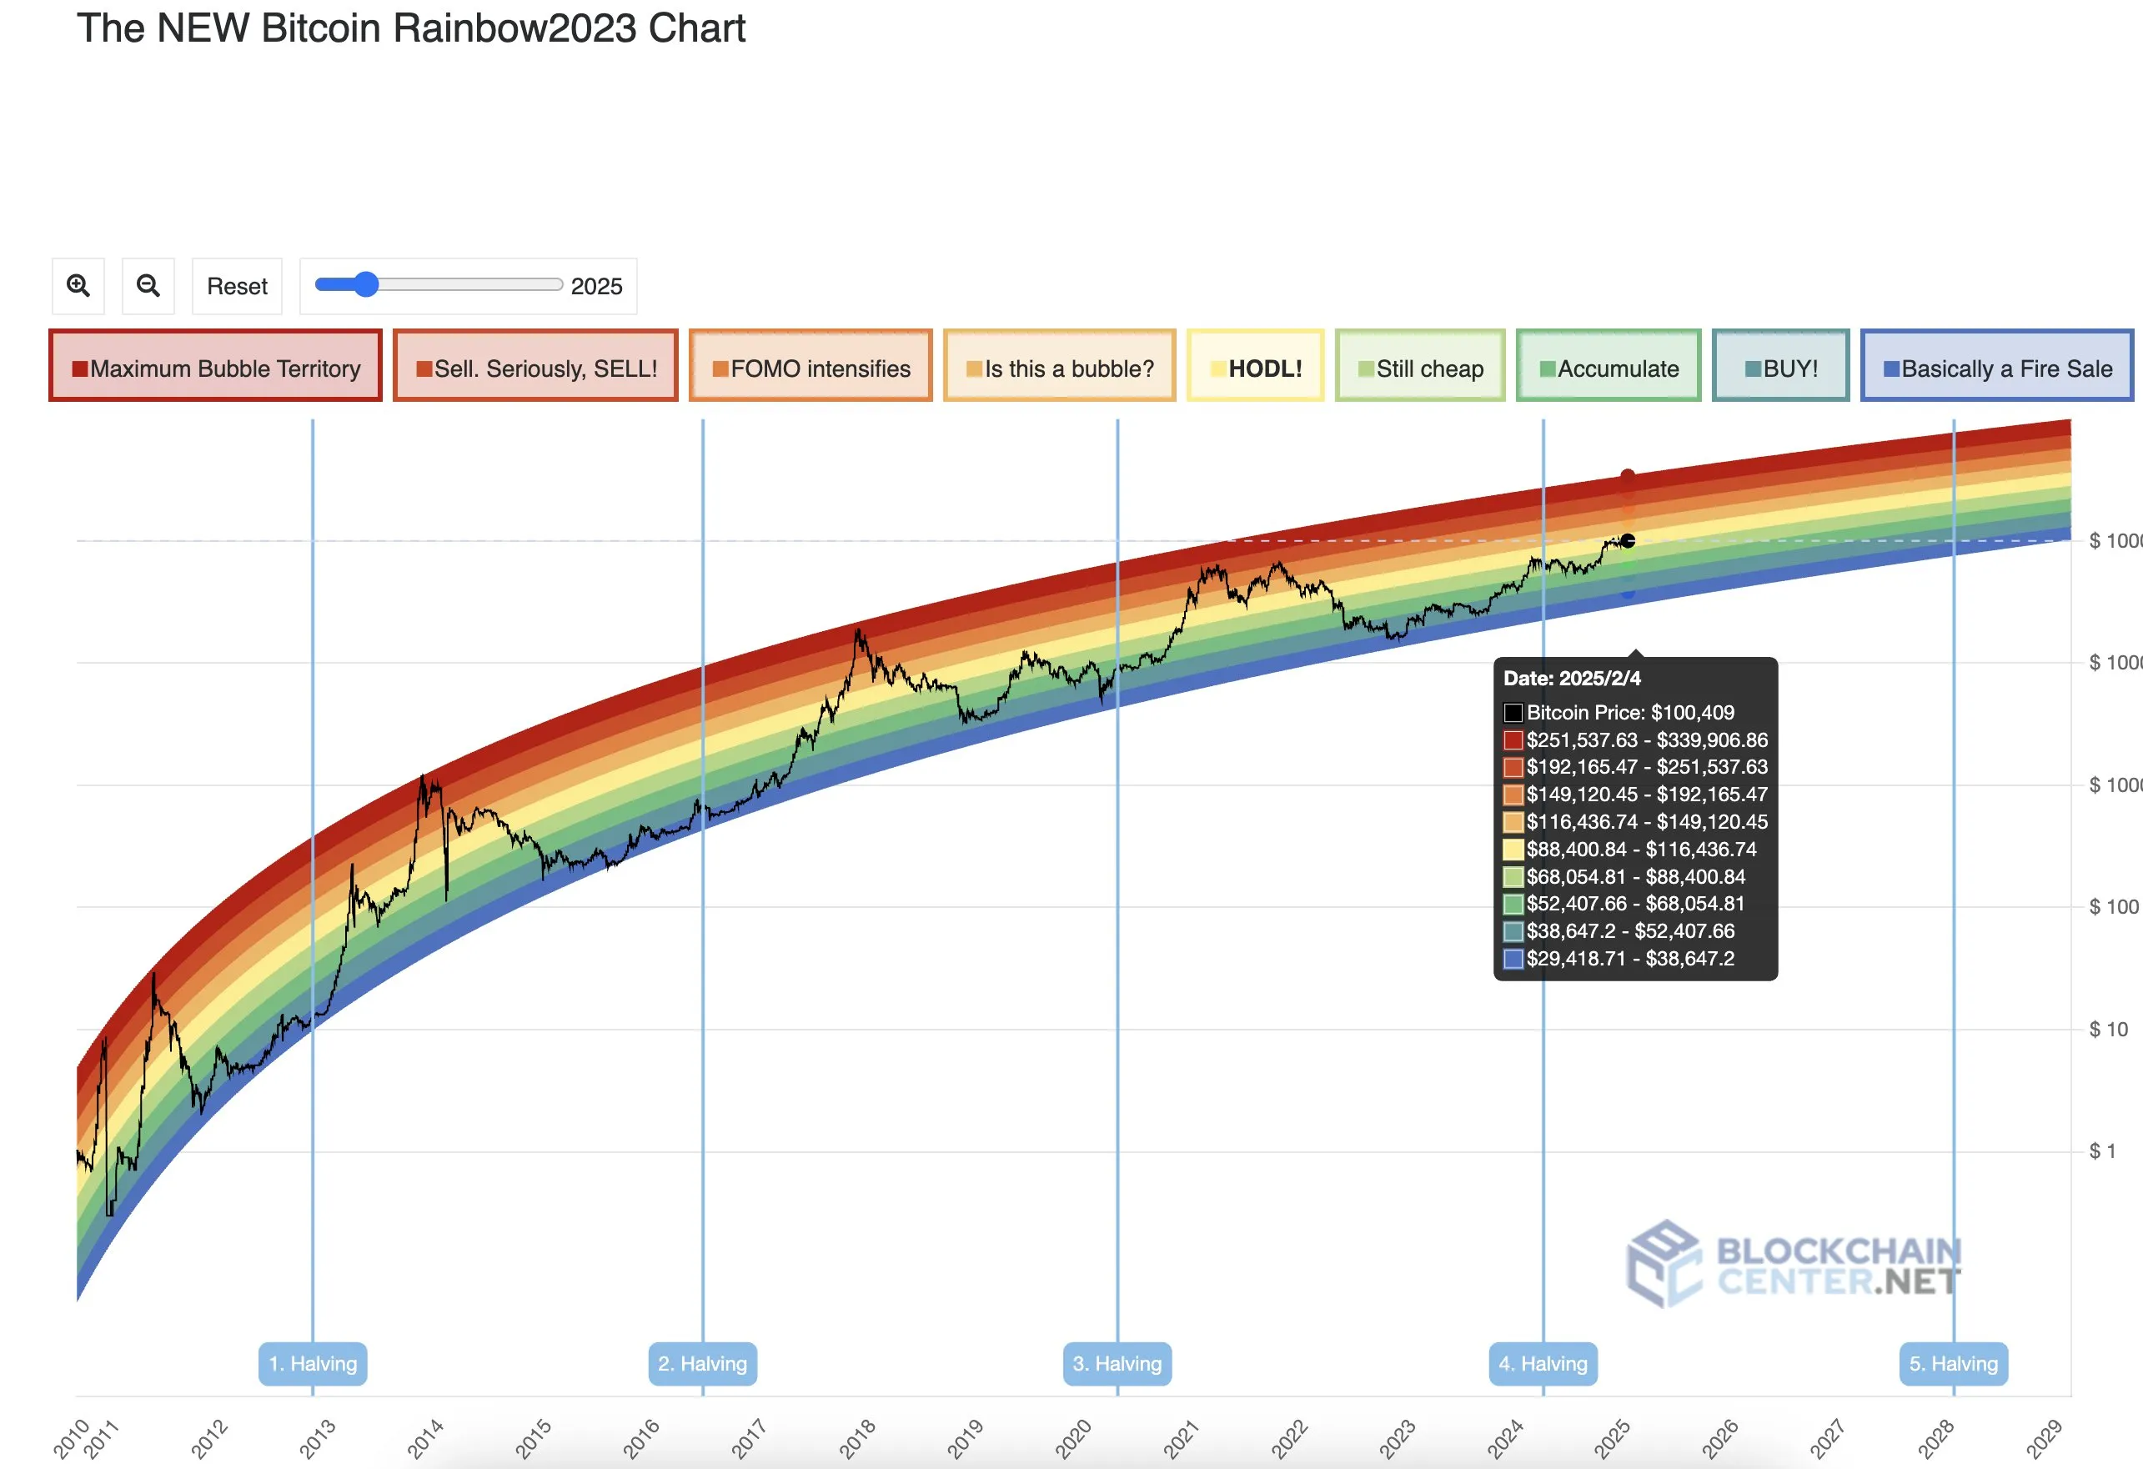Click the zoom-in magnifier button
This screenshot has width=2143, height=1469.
[78, 286]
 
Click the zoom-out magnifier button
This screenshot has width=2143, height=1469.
[148, 286]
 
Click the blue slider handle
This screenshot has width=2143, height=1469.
[366, 284]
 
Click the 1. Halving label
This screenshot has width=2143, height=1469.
[313, 1363]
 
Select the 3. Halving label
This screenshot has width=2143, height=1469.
[1117, 1363]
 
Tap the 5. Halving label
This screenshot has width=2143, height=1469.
[1953, 1363]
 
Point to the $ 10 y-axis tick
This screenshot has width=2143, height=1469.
[2108, 1029]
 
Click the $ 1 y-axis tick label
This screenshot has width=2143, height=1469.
[2102, 1151]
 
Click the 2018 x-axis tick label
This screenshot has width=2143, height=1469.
[857, 1438]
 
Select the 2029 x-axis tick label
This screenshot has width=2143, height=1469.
[2044, 1438]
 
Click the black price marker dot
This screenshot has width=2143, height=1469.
[1629, 541]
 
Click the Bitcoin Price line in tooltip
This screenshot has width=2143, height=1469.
[1629, 712]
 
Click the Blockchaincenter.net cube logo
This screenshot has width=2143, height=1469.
[1663, 1263]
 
